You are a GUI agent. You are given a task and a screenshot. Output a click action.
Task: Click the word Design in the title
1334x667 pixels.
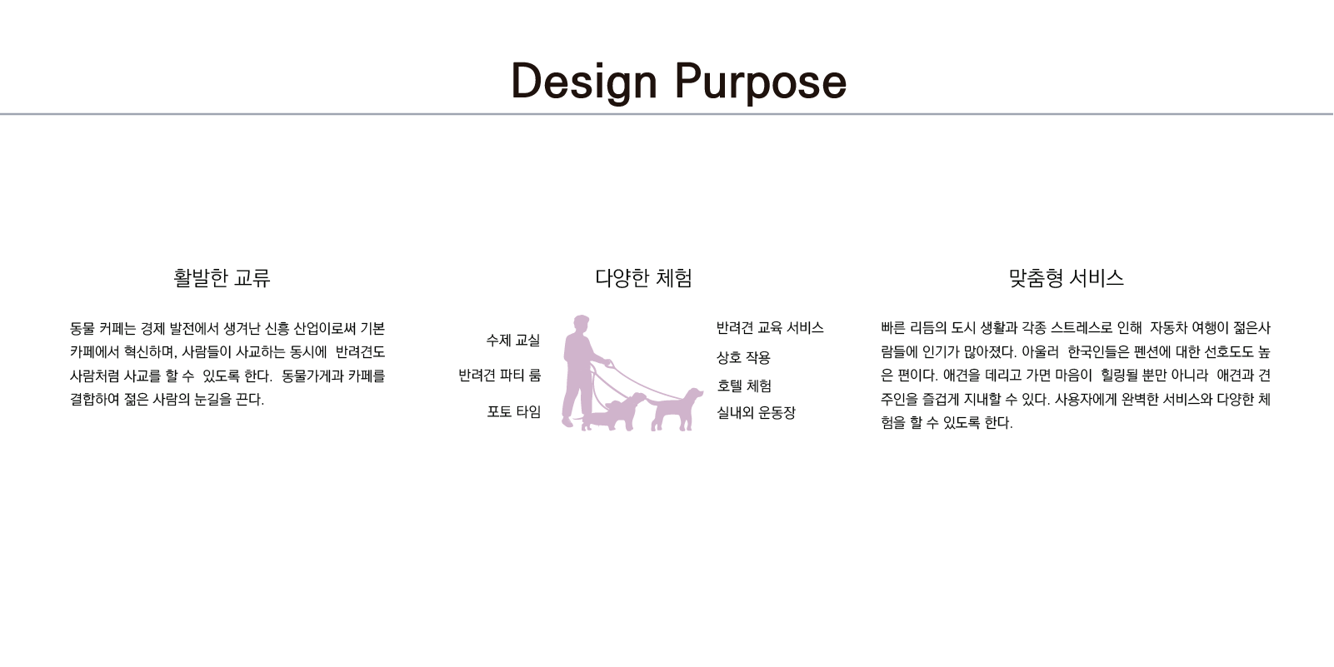tap(583, 82)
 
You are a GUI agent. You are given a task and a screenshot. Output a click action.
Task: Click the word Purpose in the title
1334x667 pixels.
tap(761, 82)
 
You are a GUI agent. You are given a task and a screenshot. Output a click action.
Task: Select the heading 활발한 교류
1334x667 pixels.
tap(222, 278)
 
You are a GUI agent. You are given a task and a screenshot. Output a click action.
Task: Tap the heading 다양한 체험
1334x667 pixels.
tap(643, 278)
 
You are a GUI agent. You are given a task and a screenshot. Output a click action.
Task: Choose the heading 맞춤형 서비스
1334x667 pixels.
tap(1066, 278)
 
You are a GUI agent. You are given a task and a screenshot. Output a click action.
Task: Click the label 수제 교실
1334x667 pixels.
tap(512, 341)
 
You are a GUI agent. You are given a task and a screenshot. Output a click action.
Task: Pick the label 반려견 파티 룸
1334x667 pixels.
tap(499, 376)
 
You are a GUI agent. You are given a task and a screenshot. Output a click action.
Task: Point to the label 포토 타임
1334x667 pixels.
tap(513, 411)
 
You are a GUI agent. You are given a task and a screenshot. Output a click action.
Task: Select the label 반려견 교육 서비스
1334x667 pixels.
tap(769, 328)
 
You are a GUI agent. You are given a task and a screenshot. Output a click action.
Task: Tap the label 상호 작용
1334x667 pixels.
tap(743, 357)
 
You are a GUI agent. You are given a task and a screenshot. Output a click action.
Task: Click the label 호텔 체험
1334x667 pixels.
tap(744, 386)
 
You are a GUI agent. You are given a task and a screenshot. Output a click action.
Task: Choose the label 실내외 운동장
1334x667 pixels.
tap(756, 413)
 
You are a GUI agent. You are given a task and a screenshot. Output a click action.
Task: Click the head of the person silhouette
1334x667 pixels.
tap(582, 324)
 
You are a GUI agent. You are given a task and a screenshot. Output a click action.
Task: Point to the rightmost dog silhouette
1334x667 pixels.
tap(676, 409)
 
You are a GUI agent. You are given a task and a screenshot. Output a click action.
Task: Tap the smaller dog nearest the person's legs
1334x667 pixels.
tap(613, 411)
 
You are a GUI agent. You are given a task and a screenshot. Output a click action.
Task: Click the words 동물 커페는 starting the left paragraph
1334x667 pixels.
tap(102, 328)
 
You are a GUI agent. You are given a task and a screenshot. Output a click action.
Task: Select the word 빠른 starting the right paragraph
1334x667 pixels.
tap(892, 328)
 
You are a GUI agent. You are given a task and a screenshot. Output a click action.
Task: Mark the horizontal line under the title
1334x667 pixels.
tap(667, 113)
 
